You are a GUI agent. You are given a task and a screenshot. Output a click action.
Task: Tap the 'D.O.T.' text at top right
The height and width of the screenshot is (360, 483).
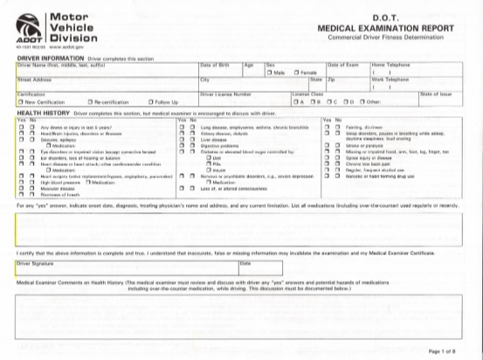coord(385,18)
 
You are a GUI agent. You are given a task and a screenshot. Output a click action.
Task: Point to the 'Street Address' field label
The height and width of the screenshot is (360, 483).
coord(33,79)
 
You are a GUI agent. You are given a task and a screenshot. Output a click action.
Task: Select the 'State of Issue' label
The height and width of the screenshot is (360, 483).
coord(436,92)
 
